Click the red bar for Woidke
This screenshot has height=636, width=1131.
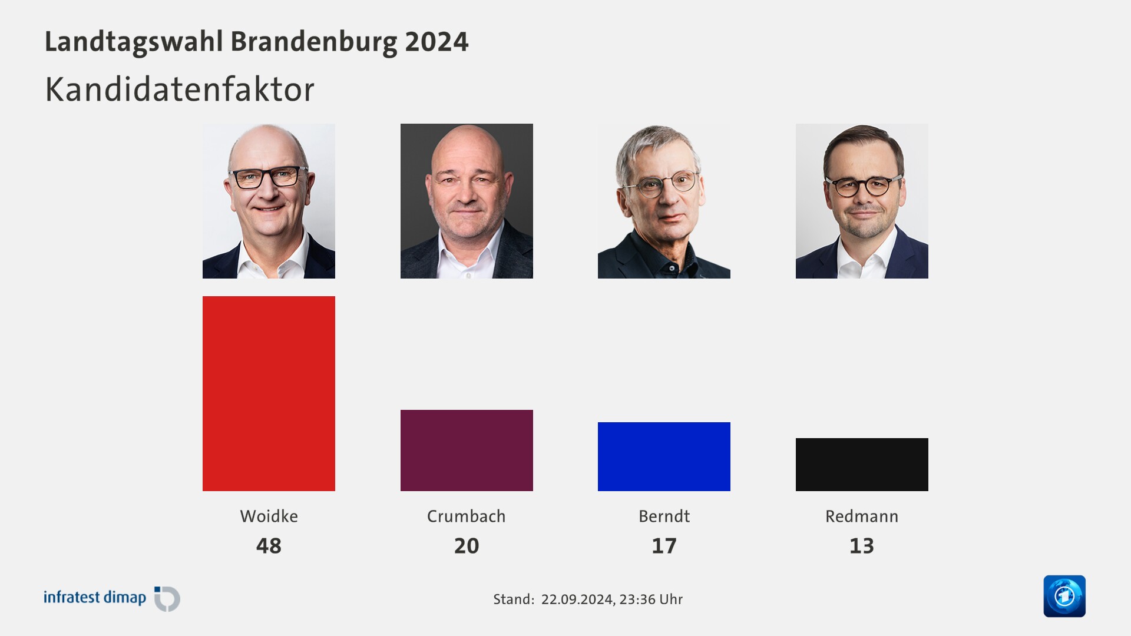point(269,393)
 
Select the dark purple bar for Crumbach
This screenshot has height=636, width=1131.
point(467,450)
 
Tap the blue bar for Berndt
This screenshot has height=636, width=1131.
point(664,456)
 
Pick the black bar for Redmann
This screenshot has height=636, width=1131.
point(862,465)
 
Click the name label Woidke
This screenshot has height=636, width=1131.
point(269,516)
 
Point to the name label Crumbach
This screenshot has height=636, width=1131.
point(467,516)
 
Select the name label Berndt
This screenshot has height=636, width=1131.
point(664,516)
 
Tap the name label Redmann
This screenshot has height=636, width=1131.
point(862,516)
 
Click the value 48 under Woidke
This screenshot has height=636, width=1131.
point(269,546)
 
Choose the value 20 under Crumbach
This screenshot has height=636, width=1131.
point(467,546)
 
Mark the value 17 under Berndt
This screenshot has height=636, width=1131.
point(664,546)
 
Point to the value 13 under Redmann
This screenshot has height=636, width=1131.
point(862,546)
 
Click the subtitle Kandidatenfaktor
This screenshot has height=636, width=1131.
point(180,90)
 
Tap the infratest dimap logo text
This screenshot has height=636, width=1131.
point(95,598)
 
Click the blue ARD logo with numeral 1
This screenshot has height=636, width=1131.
point(1064,596)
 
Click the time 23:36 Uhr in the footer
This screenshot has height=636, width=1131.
point(651,599)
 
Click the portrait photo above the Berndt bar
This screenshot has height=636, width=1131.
point(664,201)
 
